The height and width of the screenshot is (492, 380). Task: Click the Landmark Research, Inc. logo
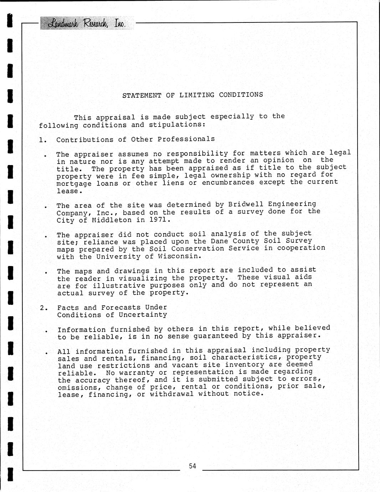[87, 24]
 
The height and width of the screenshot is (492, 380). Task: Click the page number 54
[192, 466]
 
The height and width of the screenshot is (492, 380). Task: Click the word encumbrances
[228, 183]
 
